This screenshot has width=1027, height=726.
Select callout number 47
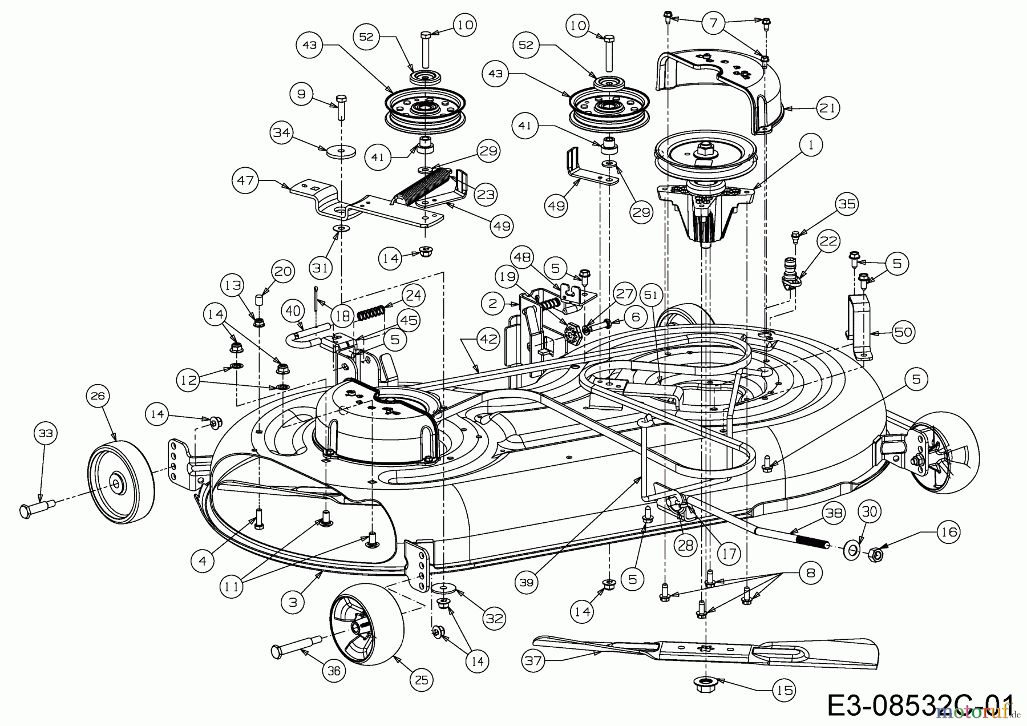(245, 181)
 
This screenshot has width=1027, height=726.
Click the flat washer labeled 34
(341, 152)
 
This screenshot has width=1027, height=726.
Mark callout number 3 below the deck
(293, 602)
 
